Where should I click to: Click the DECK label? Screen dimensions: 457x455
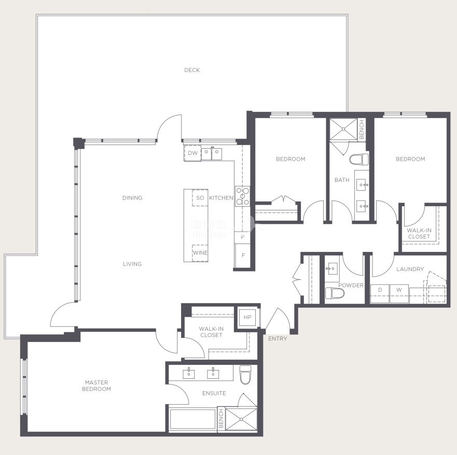(x=192, y=70)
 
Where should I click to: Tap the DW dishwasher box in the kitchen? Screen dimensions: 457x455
(x=192, y=153)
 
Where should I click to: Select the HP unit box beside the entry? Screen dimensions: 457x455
(x=247, y=317)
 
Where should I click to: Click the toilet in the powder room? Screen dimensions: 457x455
(x=335, y=293)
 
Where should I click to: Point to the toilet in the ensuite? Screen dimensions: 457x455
(x=245, y=375)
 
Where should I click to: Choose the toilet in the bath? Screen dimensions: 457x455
(x=359, y=160)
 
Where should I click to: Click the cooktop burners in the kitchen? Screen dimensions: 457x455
(x=242, y=196)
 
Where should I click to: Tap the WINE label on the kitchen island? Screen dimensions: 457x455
(x=200, y=253)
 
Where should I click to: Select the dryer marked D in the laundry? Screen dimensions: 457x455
(x=380, y=293)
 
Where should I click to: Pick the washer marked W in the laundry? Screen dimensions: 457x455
(x=399, y=293)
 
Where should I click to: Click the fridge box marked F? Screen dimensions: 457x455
(x=242, y=256)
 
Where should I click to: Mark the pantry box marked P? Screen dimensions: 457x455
(x=242, y=237)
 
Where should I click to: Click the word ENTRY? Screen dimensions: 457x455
(x=278, y=338)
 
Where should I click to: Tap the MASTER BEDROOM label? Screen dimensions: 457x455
(x=96, y=386)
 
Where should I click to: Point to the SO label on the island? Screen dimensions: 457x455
(x=200, y=198)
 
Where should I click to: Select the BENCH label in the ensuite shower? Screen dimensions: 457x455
(x=221, y=418)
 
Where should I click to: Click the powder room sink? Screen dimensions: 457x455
(x=331, y=268)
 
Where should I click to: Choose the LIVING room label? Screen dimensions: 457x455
(x=132, y=264)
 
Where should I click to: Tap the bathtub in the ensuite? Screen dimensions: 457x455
(x=192, y=419)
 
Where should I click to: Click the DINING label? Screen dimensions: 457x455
(x=132, y=198)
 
